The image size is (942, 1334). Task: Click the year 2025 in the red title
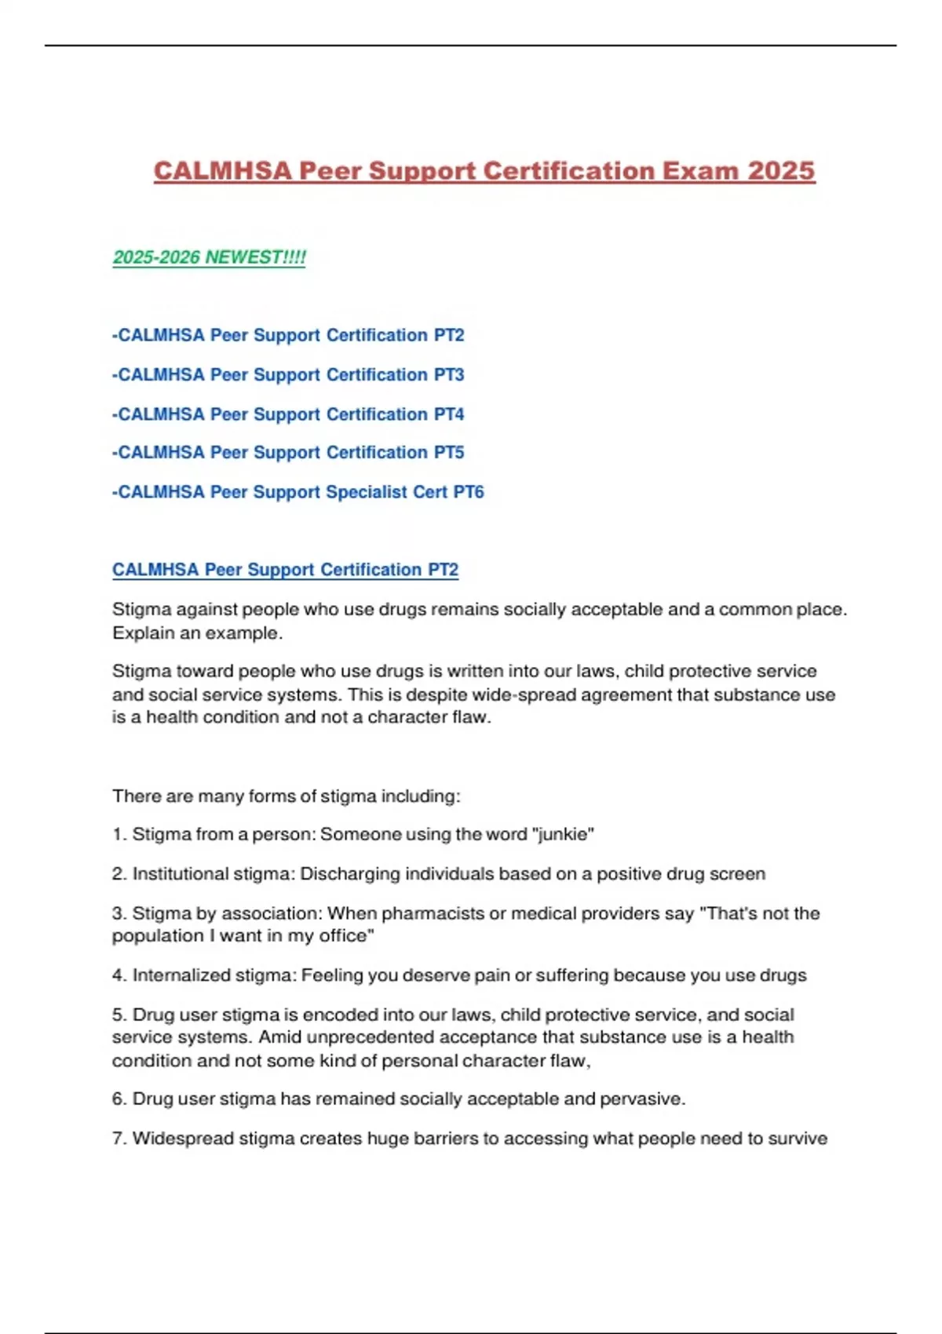(781, 171)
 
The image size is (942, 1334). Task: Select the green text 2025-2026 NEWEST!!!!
(209, 257)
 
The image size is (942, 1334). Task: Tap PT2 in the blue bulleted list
(449, 335)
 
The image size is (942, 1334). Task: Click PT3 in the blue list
(449, 375)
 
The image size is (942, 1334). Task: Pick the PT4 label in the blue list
(449, 414)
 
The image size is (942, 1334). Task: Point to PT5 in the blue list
(449, 453)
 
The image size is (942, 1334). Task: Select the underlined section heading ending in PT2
(285, 570)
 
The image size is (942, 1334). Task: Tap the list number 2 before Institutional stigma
(119, 874)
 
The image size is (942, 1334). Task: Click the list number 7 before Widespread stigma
(119, 1139)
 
